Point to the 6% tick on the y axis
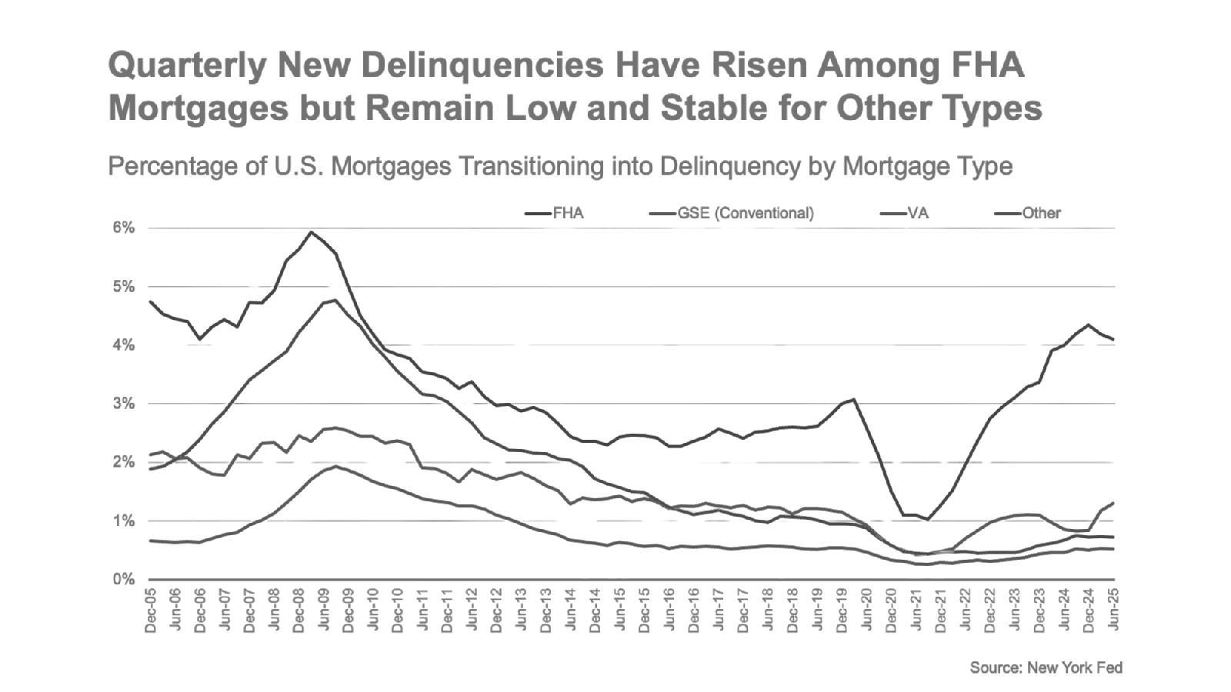click(x=125, y=228)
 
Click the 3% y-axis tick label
click(x=125, y=404)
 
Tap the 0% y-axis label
click(x=125, y=580)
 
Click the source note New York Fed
click(x=1046, y=667)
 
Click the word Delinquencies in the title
click(x=482, y=65)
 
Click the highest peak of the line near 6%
click(x=311, y=231)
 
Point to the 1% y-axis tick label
click(x=125, y=521)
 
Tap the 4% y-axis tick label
click(x=125, y=345)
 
